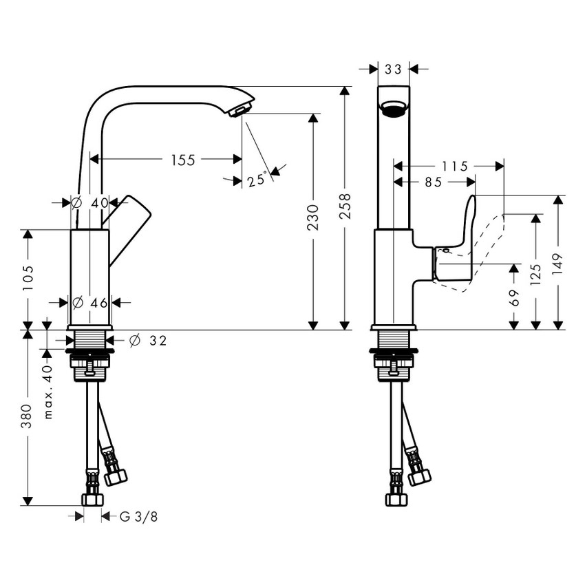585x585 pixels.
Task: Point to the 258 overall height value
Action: tap(345, 206)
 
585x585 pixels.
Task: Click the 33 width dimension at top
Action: tap(394, 69)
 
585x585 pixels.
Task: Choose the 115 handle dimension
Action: tap(454, 166)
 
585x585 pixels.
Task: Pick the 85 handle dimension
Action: tap(434, 182)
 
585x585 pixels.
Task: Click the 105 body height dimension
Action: tap(28, 278)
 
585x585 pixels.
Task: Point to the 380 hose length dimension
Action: tap(28, 417)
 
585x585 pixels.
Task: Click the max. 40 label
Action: tap(47, 393)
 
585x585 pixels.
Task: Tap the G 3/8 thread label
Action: tap(134, 515)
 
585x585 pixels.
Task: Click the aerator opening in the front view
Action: tap(394, 109)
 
